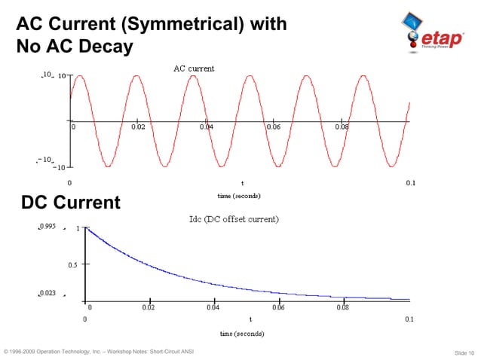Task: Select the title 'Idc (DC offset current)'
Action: [x=233, y=219]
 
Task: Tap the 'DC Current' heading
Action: [x=70, y=203]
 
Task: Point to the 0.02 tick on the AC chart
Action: [x=139, y=127]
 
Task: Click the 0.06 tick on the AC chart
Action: [x=274, y=127]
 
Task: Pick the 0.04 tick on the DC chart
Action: [x=213, y=307]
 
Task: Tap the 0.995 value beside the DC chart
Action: [x=47, y=226]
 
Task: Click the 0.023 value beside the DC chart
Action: [x=47, y=293]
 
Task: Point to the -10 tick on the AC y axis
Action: [x=58, y=167]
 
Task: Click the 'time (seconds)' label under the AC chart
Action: [x=239, y=196]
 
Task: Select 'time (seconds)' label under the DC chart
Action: [x=241, y=333]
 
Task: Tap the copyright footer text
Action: [x=99, y=352]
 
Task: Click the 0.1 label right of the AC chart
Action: [x=409, y=183]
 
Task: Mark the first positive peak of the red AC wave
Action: [x=78, y=76]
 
